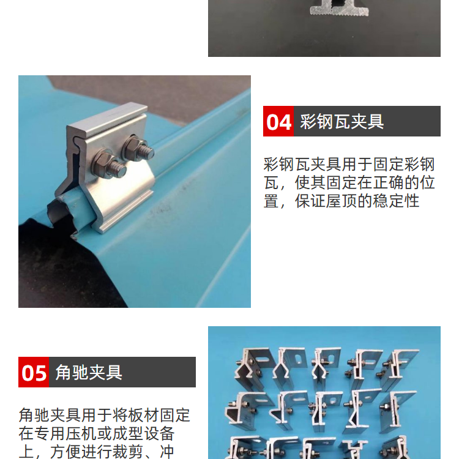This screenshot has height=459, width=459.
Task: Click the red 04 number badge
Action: [x=278, y=121]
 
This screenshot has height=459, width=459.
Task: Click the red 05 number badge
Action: [x=34, y=372]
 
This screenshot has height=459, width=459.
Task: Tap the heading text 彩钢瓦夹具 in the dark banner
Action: [x=341, y=122]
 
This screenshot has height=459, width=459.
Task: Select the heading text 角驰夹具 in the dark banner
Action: [x=89, y=372]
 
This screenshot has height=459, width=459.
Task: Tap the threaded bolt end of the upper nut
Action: [x=146, y=152]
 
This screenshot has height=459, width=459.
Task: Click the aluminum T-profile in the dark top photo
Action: [x=338, y=8]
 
